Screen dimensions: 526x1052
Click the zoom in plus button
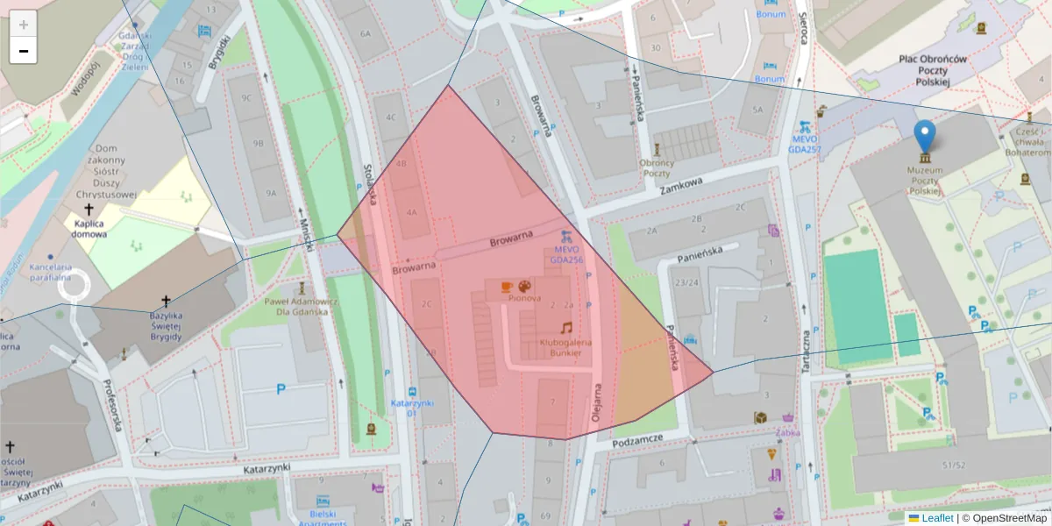coord(24,24)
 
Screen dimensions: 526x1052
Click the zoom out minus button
coord(24,51)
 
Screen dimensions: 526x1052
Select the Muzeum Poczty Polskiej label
coord(925,180)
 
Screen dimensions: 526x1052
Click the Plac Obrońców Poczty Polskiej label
coord(932,70)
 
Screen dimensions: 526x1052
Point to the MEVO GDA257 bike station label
coord(804,144)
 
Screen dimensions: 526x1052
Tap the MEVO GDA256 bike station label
coord(566,254)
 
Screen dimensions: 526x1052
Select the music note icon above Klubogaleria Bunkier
coord(566,327)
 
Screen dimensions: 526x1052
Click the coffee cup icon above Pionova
coord(506,287)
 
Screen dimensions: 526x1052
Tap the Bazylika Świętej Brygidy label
coord(153,325)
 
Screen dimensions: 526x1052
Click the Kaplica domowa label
coord(89,229)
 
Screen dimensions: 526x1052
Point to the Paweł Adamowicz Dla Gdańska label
coord(301,306)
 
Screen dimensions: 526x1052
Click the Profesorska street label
coord(110,406)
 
